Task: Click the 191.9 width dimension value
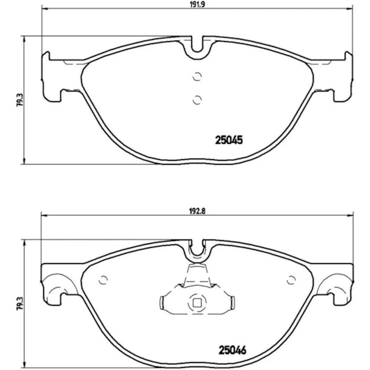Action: tap(198, 4)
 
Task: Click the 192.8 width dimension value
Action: tap(198, 211)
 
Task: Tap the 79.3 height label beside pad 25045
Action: tap(20, 100)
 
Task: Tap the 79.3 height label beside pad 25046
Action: tap(20, 304)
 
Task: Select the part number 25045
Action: tap(229, 140)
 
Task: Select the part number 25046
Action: tap(232, 350)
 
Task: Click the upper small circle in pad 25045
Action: tap(197, 77)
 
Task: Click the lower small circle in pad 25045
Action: tap(197, 100)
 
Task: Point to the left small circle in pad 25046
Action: tap(103, 280)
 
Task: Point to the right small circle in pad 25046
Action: tap(291, 280)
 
